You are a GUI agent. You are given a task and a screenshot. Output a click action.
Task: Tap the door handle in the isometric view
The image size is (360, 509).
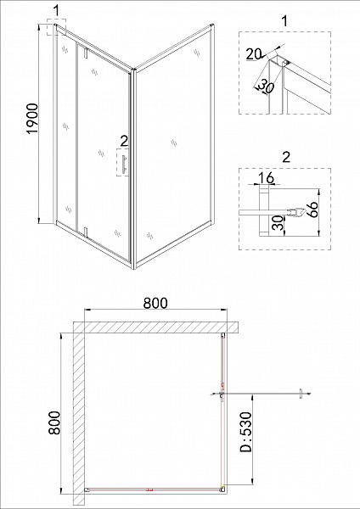coord(125,165)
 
